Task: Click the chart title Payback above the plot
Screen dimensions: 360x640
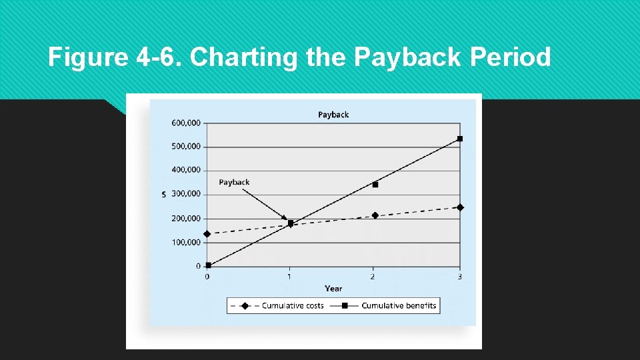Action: click(333, 115)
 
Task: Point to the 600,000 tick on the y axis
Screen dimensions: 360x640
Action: click(186, 123)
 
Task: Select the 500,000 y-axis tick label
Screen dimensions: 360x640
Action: click(186, 147)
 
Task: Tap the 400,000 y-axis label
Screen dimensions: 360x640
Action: click(186, 170)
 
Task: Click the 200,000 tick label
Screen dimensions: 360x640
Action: click(186, 219)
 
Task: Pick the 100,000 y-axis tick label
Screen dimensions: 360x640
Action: click(186, 243)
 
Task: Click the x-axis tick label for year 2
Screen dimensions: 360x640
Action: click(372, 277)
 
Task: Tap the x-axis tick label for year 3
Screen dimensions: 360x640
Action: click(460, 277)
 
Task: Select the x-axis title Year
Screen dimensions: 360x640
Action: click(333, 289)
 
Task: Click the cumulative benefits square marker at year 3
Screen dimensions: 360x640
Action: click(460, 139)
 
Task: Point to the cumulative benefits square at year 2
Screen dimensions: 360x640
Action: click(375, 185)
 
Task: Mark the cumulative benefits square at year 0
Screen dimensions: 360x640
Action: click(208, 265)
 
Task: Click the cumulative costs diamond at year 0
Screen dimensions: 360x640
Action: click(207, 234)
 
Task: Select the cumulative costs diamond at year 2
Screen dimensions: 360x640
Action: click(375, 215)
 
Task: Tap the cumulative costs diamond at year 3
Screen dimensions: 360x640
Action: click(460, 207)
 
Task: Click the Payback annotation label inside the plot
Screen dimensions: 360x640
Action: click(234, 183)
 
